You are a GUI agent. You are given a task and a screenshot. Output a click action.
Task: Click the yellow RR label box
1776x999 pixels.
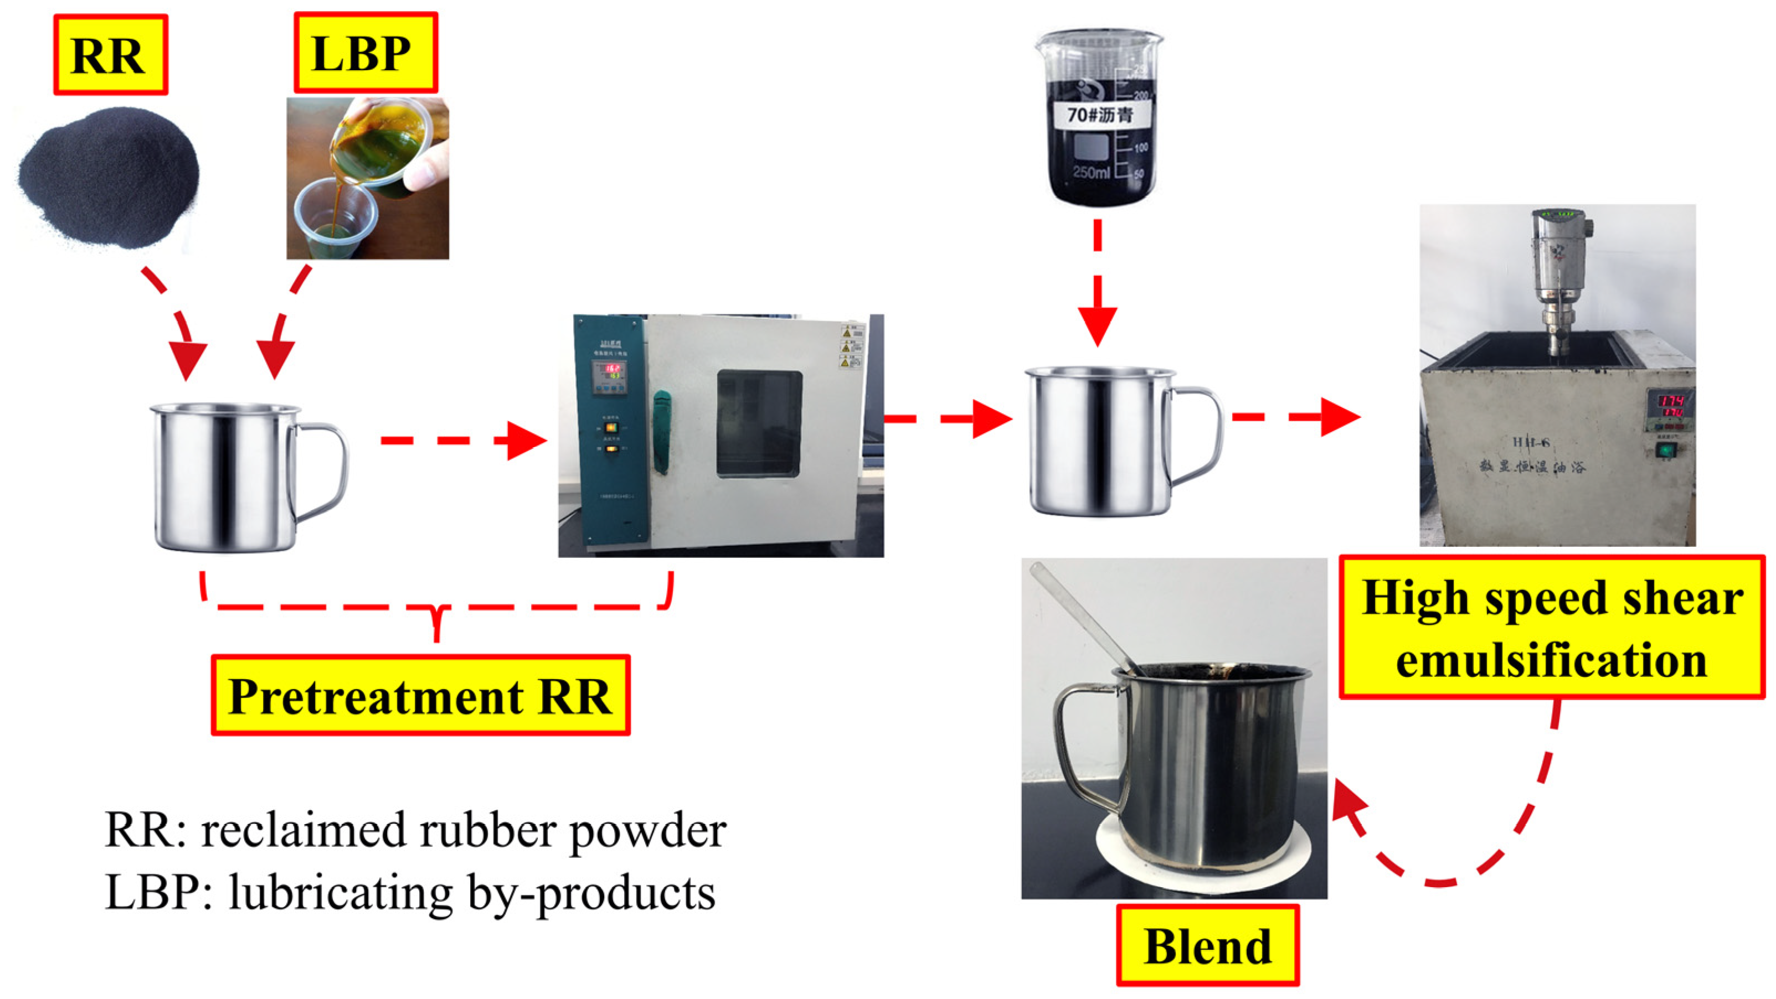(110, 54)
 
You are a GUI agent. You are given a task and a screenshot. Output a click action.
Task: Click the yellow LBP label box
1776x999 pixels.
(366, 53)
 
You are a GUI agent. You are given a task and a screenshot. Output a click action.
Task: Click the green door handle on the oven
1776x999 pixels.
(661, 431)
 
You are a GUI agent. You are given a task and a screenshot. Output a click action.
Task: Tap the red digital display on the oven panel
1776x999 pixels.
(611, 371)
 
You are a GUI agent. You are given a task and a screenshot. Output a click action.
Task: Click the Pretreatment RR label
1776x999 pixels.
(420, 696)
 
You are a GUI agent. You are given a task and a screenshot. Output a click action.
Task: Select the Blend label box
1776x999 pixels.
(1207, 946)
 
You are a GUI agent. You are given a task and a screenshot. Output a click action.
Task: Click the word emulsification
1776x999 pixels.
(1551, 660)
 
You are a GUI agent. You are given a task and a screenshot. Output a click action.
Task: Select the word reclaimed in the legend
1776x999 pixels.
(303, 830)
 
